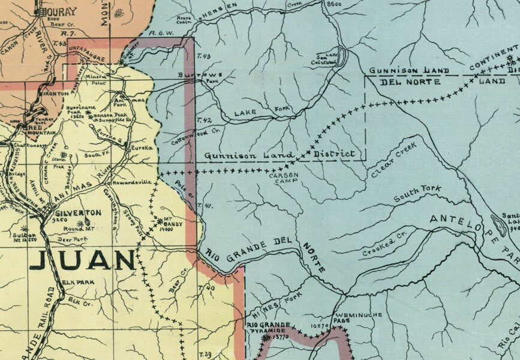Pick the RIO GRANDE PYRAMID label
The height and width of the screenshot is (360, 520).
(266, 329)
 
